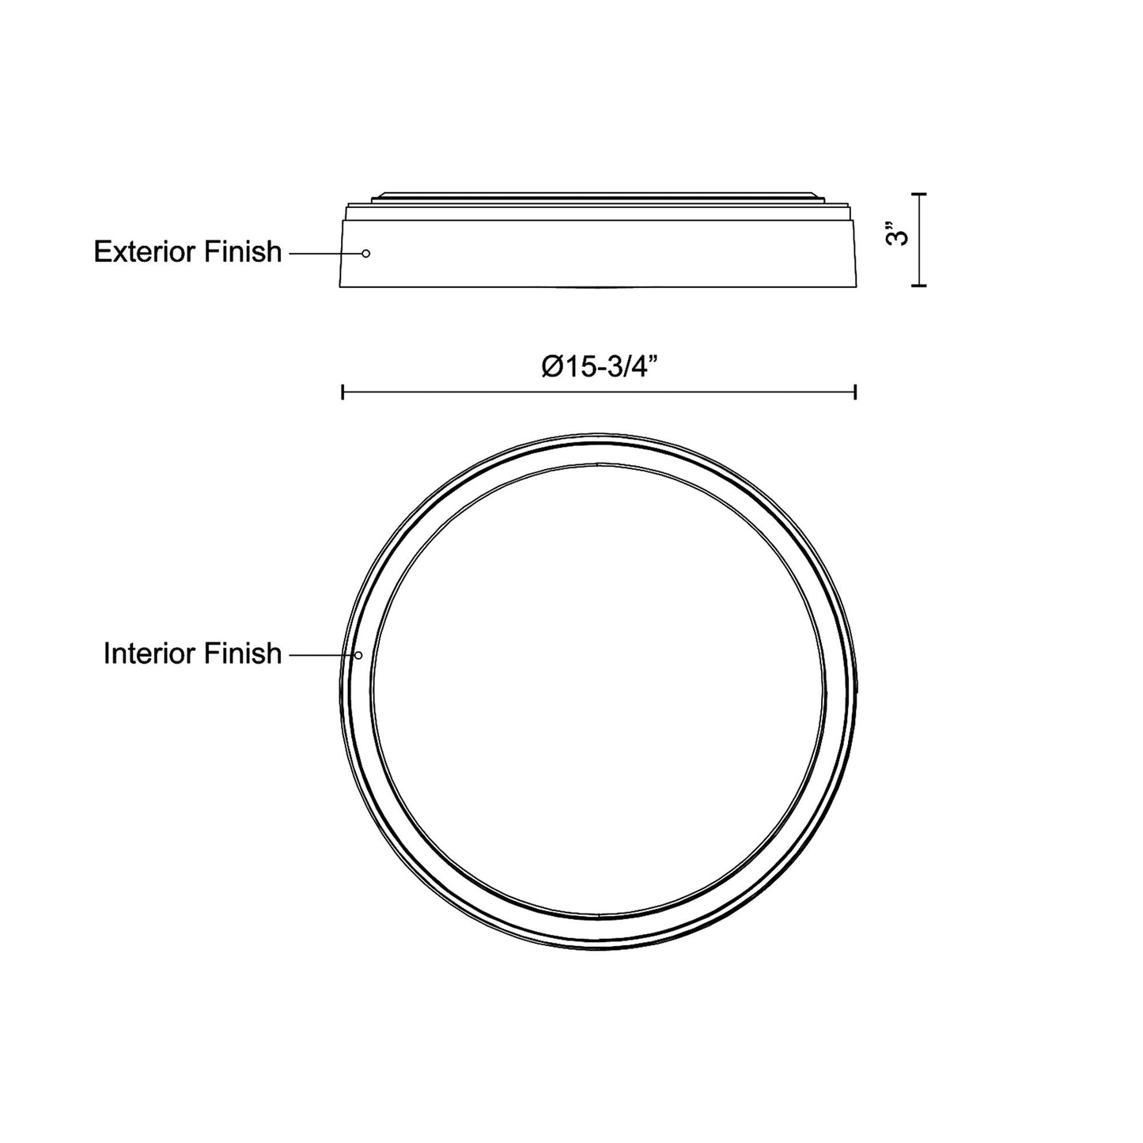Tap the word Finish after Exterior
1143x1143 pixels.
(x=243, y=252)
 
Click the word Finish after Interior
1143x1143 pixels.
(x=243, y=653)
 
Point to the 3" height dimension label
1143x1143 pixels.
(x=896, y=234)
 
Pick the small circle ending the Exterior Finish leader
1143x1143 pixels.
(x=366, y=253)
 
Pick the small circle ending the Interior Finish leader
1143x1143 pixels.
(x=358, y=656)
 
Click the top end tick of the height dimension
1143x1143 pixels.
(x=919, y=194)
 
